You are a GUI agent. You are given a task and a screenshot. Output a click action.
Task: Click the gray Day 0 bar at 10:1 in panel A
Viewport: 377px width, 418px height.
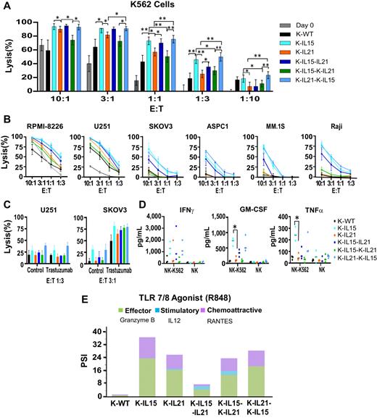click(41, 68)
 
